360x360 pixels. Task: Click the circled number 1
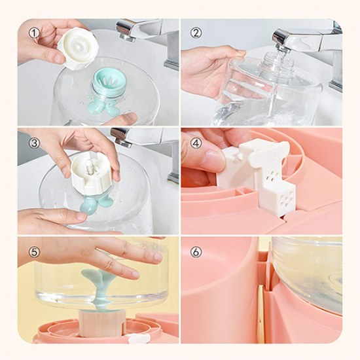34,33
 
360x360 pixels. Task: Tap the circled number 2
196,33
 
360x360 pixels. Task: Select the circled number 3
34,143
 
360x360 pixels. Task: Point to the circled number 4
196,143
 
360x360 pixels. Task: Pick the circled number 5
34,252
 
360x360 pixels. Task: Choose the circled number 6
196,252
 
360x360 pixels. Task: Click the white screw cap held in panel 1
78,50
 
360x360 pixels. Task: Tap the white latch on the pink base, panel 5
139,338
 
